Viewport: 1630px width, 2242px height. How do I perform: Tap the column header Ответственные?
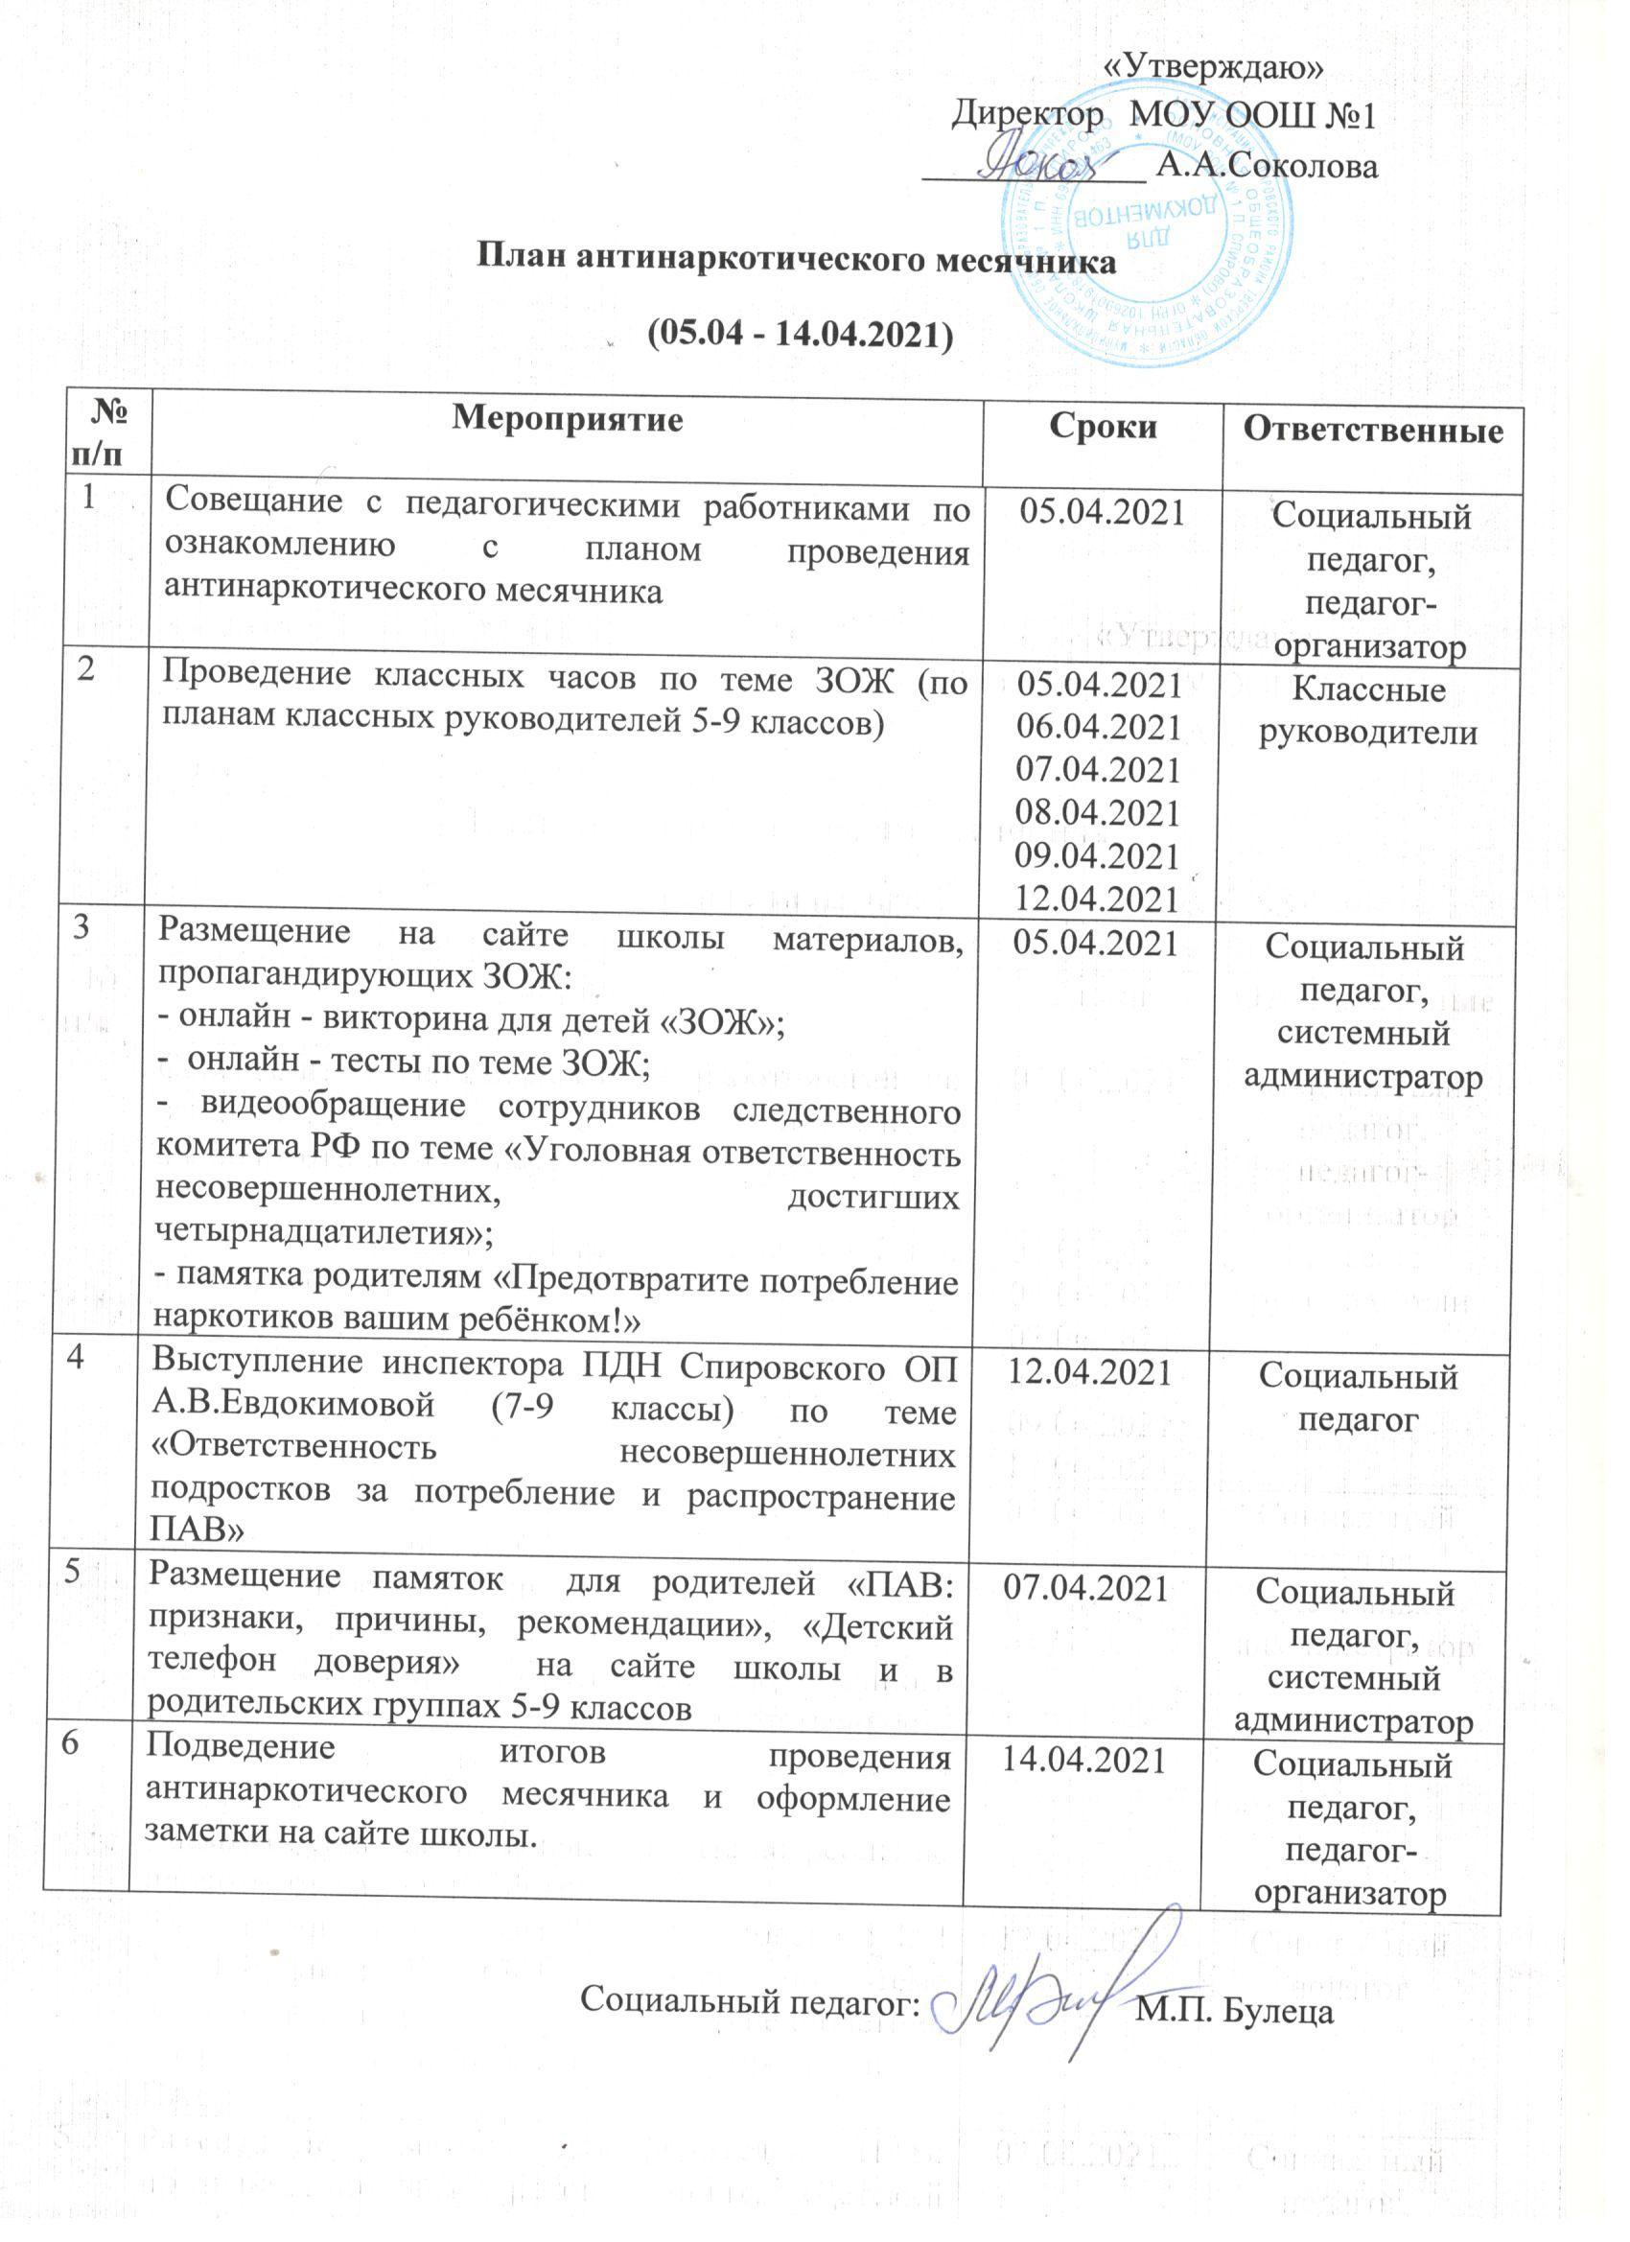pyautogui.click(x=1373, y=429)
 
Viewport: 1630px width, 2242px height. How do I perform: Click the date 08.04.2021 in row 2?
pyautogui.click(x=1098, y=812)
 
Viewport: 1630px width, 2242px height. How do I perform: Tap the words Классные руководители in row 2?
pyautogui.click(x=1368, y=711)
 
